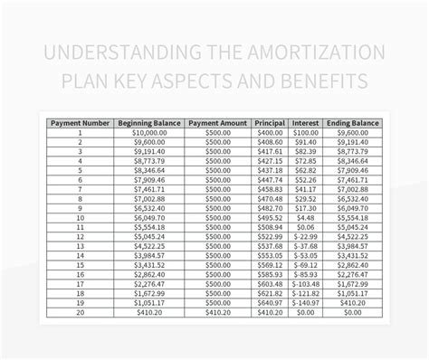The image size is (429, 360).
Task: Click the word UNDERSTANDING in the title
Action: [135, 52]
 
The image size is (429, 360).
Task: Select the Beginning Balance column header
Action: [149, 122]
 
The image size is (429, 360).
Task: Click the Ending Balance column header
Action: [352, 122]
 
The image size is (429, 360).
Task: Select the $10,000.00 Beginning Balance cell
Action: [149, 132]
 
